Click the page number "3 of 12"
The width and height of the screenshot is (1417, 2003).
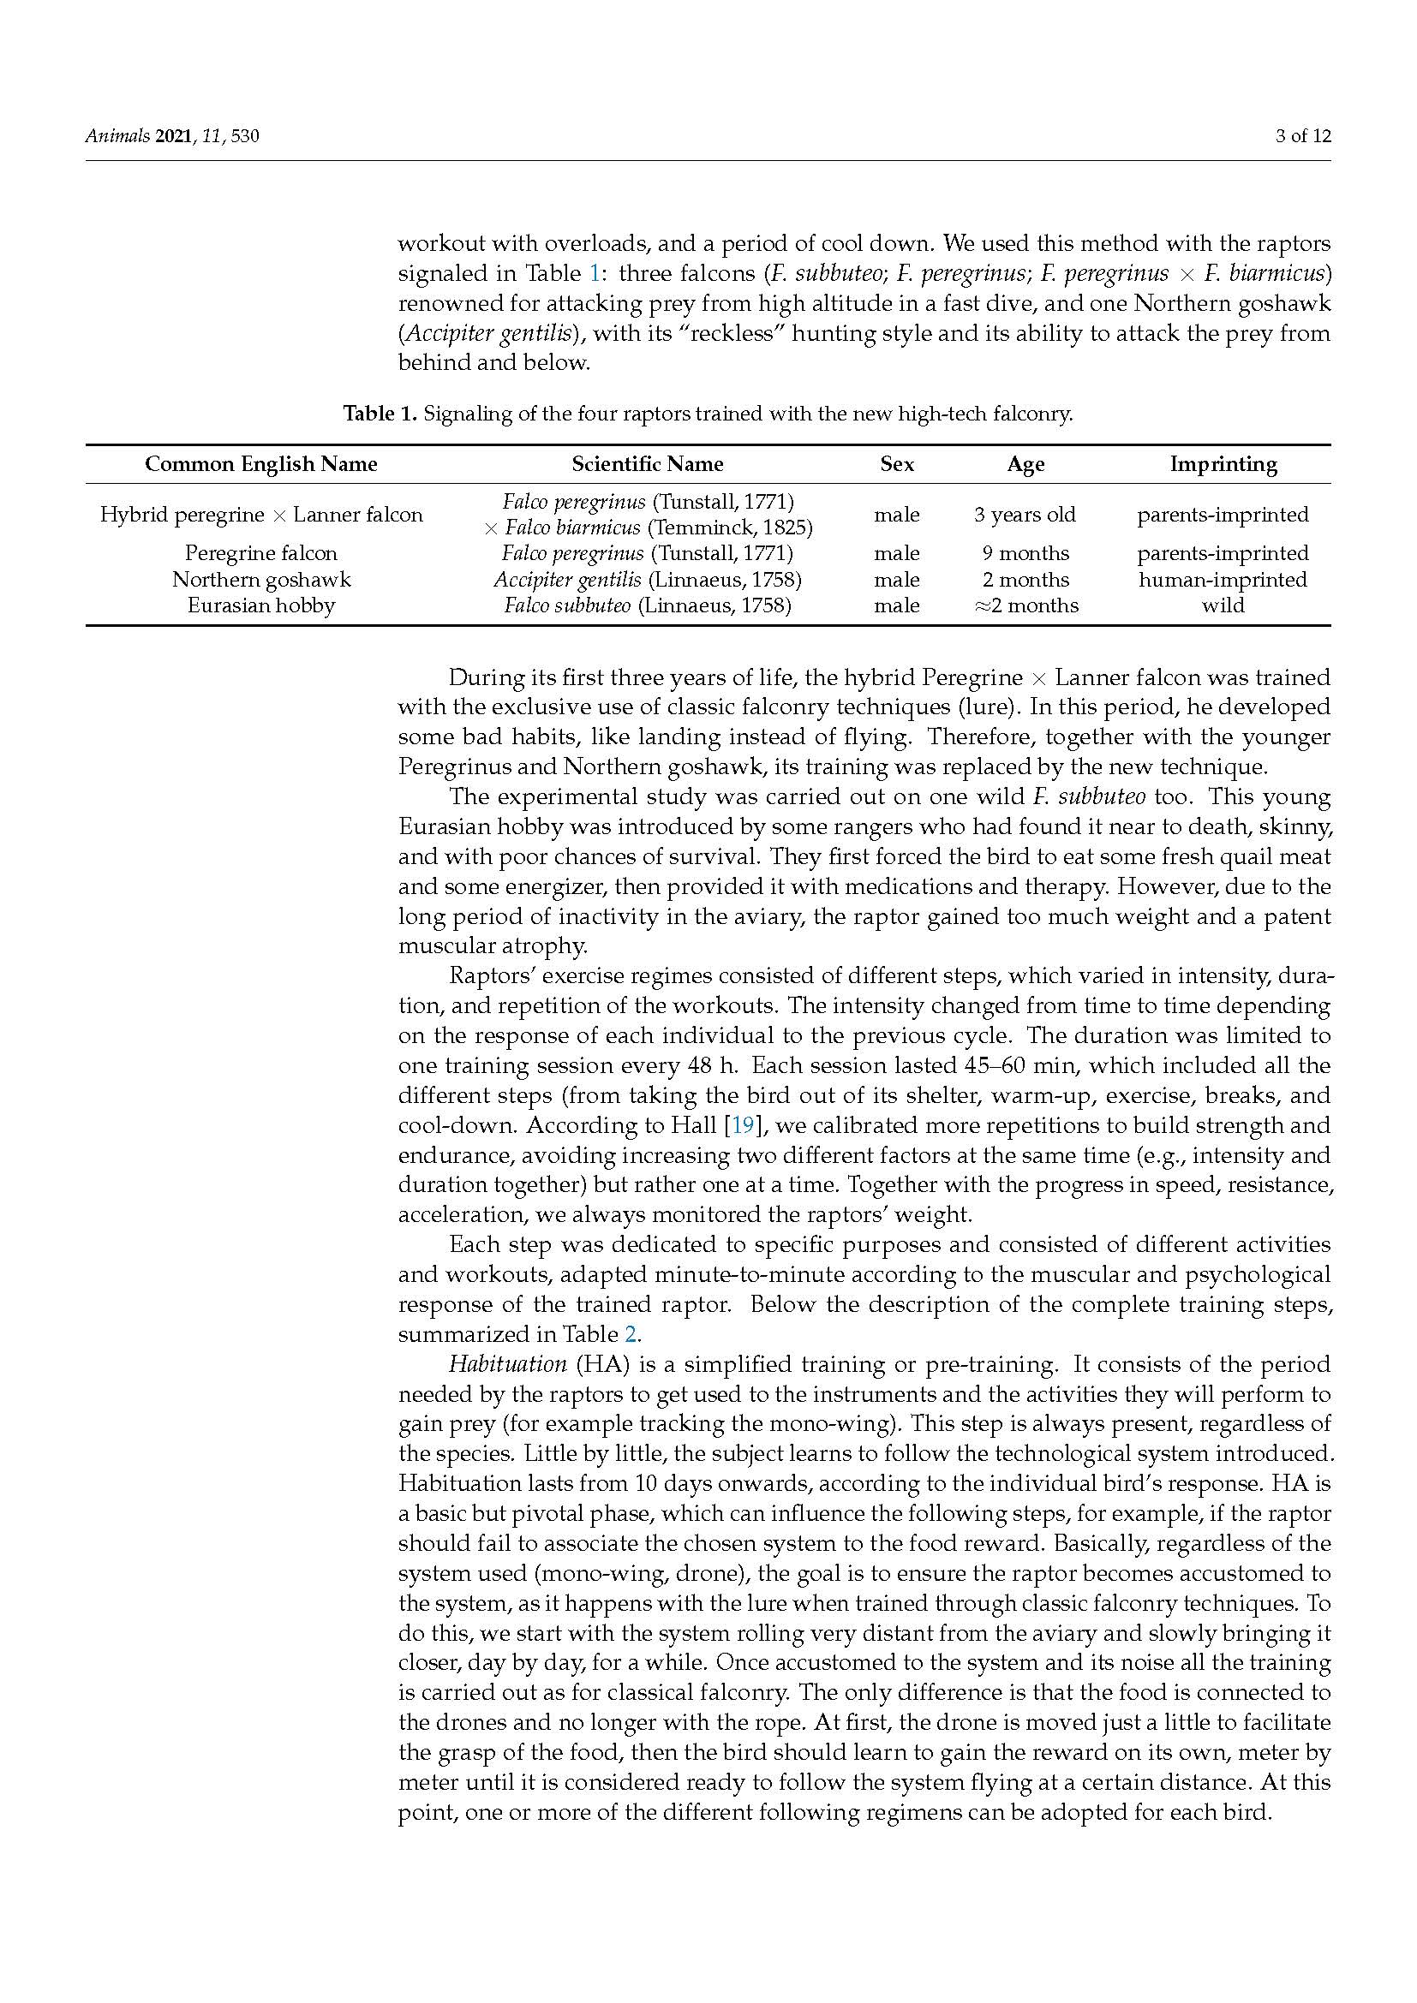(1302, 136)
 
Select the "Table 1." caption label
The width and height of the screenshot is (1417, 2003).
(380, 414)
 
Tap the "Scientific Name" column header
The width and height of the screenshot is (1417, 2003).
(648, 464)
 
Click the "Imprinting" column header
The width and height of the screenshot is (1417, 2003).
(1223, 464)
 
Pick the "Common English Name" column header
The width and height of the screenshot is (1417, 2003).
(261, 464)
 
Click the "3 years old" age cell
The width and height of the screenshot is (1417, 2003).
(1025, 515)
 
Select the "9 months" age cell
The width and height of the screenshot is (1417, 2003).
(1025, 553)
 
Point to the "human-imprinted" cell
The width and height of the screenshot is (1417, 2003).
(1223, 579)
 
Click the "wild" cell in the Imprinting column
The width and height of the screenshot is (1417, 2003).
(1223, 605)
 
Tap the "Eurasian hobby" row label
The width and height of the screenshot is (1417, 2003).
(261, 605)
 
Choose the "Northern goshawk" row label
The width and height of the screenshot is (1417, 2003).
(261, 579)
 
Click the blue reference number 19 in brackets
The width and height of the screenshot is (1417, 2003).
(743, 1125)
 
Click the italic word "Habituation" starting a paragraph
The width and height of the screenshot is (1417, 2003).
(507, 1364)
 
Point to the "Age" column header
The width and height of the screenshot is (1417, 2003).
(1025, 464)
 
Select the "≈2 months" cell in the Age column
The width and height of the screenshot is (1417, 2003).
(1025, 605)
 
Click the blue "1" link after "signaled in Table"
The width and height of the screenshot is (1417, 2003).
(595, 274)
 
